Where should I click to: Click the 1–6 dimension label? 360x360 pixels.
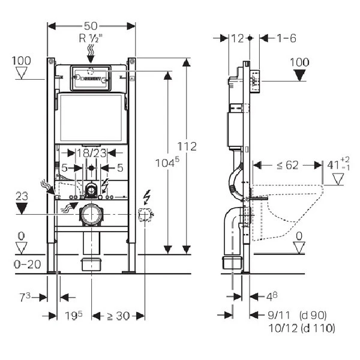(287, 38)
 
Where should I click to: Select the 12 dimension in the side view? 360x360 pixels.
(238, 38)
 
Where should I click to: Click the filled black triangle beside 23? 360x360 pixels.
(22, 208)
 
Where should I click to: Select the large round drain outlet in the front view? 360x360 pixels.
(91, 214)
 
